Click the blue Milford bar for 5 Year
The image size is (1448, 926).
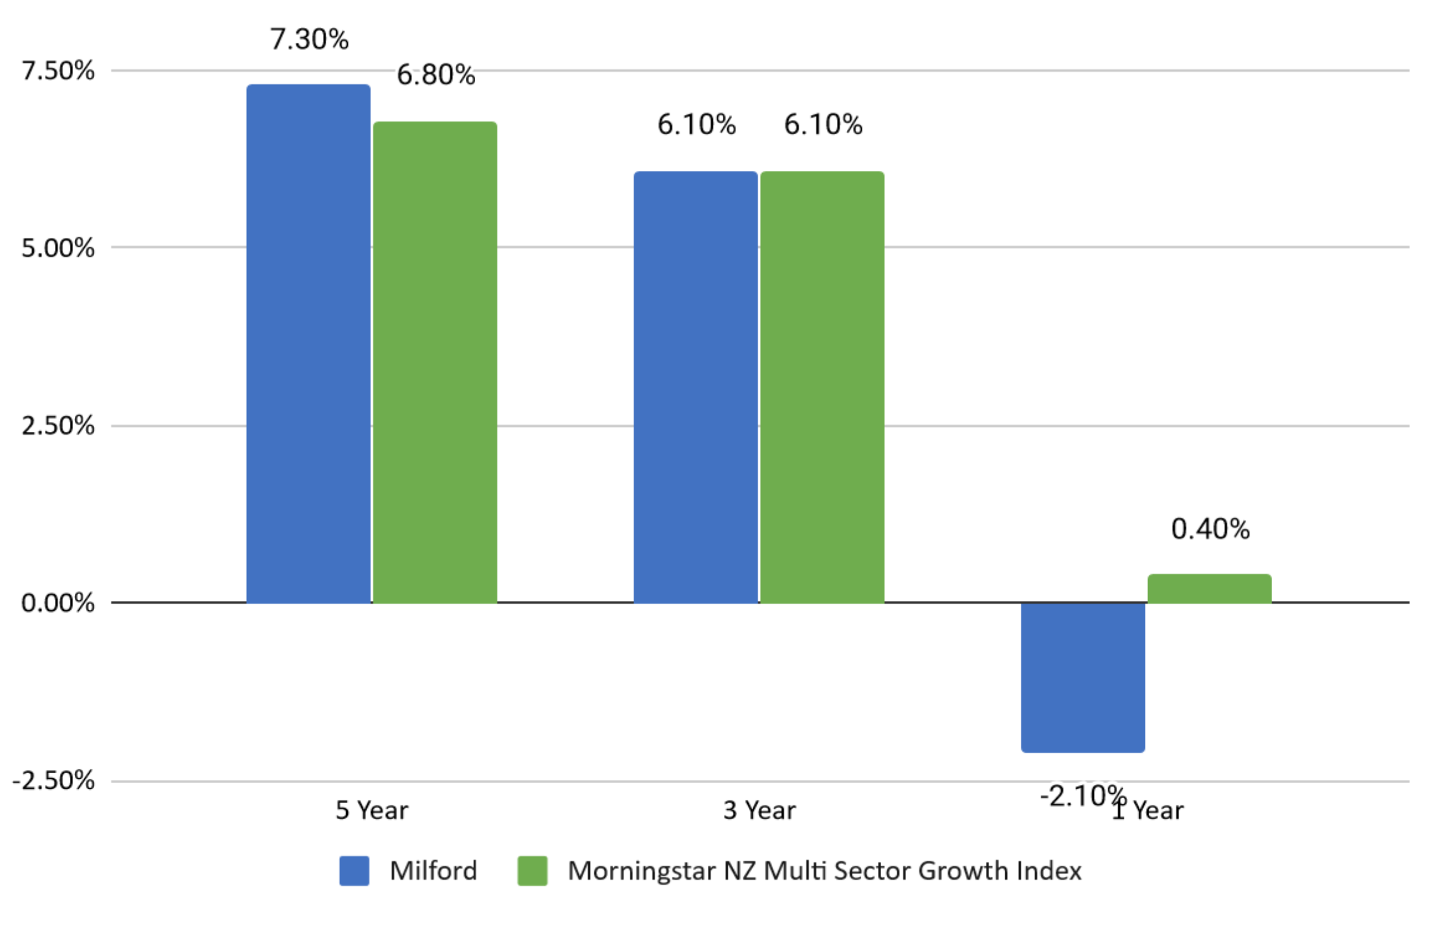pos(308,343)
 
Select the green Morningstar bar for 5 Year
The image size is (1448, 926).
pos(435,362)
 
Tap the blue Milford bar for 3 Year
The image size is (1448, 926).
pos(695,387)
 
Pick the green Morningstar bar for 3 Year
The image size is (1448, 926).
pos(822,387)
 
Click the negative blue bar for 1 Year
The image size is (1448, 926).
pos(1083,677)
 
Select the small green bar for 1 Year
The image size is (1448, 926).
pos(1209,588)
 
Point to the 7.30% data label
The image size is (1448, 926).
pos(309,39)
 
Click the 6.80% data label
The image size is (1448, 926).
pos(436,75)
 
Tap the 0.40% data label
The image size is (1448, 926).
pos(1210,529)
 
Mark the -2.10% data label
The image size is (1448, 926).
pos(1083,796)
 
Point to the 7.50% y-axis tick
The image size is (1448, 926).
pos(58,71)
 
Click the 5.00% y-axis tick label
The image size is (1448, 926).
pos(58,248)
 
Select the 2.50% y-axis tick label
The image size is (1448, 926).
pos(58,426)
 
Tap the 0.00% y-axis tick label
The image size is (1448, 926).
pos(58,603)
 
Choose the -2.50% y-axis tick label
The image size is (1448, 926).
pos(54,781)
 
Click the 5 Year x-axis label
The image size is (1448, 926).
pos(372,810)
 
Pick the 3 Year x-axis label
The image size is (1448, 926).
pos(759,810)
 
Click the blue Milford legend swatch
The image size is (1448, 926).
pos(354,870)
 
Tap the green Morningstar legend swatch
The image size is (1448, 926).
pos(532,870)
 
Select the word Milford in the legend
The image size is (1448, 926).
pos(433,870)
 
